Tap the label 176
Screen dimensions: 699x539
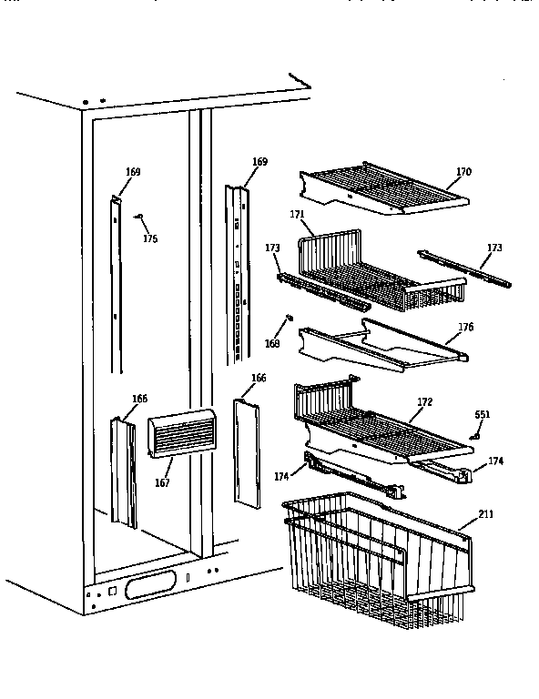[465, 327]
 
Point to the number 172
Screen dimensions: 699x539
[425, 401]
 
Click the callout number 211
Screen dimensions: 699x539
[485, 514]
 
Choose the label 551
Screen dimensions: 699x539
[483, 415]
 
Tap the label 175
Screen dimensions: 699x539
[150, 239]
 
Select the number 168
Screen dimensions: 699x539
[271, 345]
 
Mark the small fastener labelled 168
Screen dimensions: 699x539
[288, 318]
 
